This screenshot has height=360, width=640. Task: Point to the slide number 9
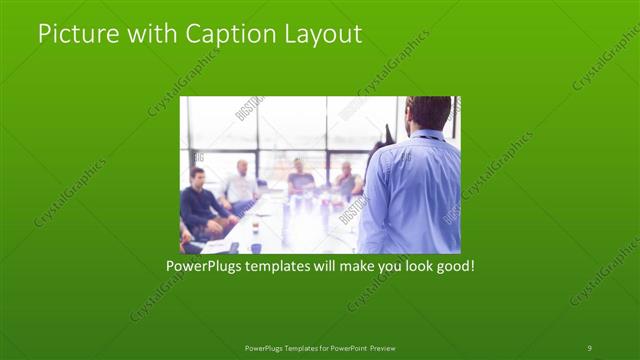tap(589, 347)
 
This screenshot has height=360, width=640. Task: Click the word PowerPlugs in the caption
tap(203, 267)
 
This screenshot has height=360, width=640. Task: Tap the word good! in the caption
tap(452, 267)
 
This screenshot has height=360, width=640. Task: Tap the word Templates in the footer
tap(293, 348)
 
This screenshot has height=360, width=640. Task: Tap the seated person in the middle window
tap(300, 180)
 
